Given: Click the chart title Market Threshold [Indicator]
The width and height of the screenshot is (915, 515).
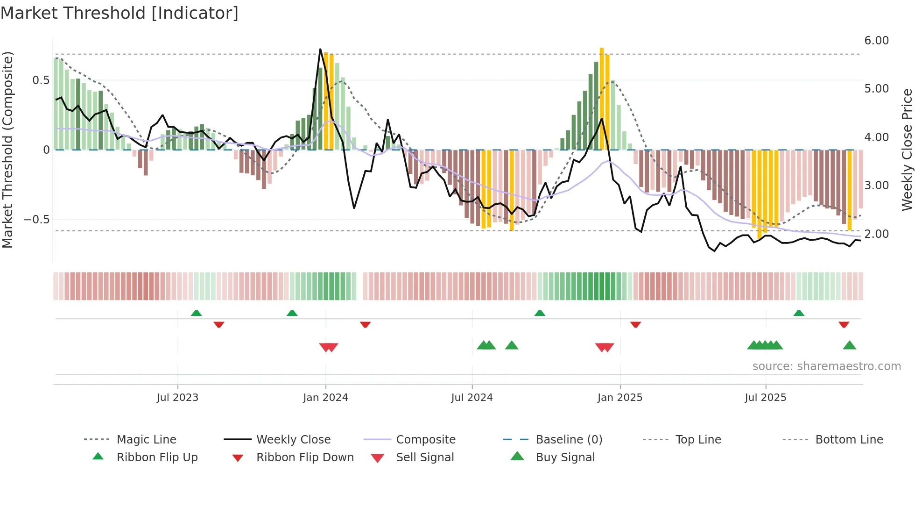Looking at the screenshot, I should [120, 13].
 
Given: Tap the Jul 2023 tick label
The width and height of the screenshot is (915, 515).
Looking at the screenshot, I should [177, 398].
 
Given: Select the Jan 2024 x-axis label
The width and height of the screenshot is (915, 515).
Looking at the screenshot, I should [325, 398].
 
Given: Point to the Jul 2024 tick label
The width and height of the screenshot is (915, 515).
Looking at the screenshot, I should [472, 398].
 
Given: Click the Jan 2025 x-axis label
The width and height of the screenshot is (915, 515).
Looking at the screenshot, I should [620, 398].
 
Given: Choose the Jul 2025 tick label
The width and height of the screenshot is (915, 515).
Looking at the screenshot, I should [766, 398].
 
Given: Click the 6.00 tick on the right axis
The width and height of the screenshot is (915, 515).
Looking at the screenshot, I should [876, 41].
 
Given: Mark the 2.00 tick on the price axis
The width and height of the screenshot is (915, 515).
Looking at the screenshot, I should [876, 234].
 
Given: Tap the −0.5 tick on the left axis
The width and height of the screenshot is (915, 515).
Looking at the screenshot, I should [36, 220].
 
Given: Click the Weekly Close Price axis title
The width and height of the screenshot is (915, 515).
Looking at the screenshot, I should [907, 150].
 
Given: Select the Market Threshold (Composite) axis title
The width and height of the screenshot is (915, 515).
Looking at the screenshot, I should [7, 150].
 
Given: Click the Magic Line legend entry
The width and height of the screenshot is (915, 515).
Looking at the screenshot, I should [146, 440].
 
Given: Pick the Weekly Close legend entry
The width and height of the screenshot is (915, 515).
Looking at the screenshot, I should [293, 440].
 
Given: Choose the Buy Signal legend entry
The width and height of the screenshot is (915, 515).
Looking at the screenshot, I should [565, 458].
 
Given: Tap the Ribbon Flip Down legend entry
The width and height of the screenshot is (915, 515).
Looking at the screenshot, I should [305, 458].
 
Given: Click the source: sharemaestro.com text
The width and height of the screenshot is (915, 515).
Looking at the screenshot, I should [826, 366].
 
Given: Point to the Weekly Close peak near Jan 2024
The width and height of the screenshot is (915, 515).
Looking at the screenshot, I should [320, 50].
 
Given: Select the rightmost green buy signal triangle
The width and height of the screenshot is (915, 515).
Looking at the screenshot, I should [849, 346].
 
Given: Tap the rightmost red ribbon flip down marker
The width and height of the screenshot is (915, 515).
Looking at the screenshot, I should [844, 324].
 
